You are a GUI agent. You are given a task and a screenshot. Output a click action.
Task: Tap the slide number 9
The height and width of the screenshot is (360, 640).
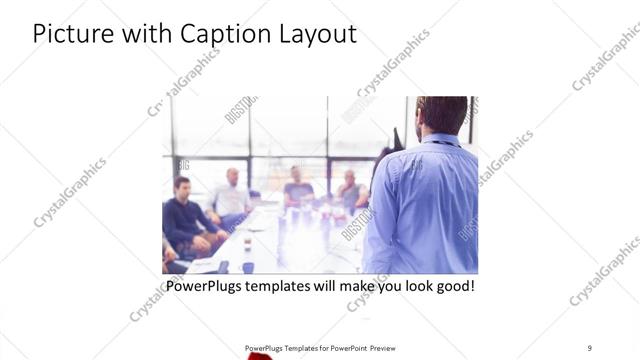pyautogui.click(x=590, y=347)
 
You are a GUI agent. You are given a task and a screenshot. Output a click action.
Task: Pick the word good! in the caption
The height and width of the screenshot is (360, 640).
pyautogui.click(x=451, y=286)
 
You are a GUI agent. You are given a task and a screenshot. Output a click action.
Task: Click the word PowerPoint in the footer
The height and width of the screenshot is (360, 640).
pyautogui.click(x=346, y=348)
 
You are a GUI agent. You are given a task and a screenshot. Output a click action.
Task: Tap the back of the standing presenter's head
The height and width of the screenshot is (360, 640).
pyautogui.click(x=441, y=113)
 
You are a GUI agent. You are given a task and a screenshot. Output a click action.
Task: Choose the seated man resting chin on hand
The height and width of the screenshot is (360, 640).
pyautogui.click(x=350, y=190)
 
